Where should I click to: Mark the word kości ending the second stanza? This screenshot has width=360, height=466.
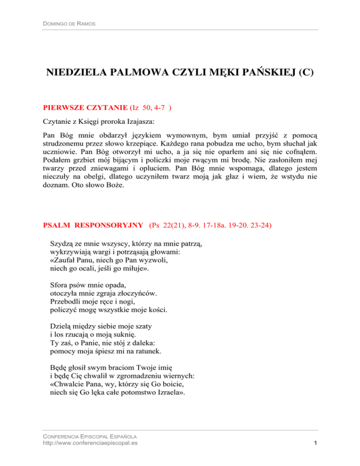[x=168, y=309]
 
